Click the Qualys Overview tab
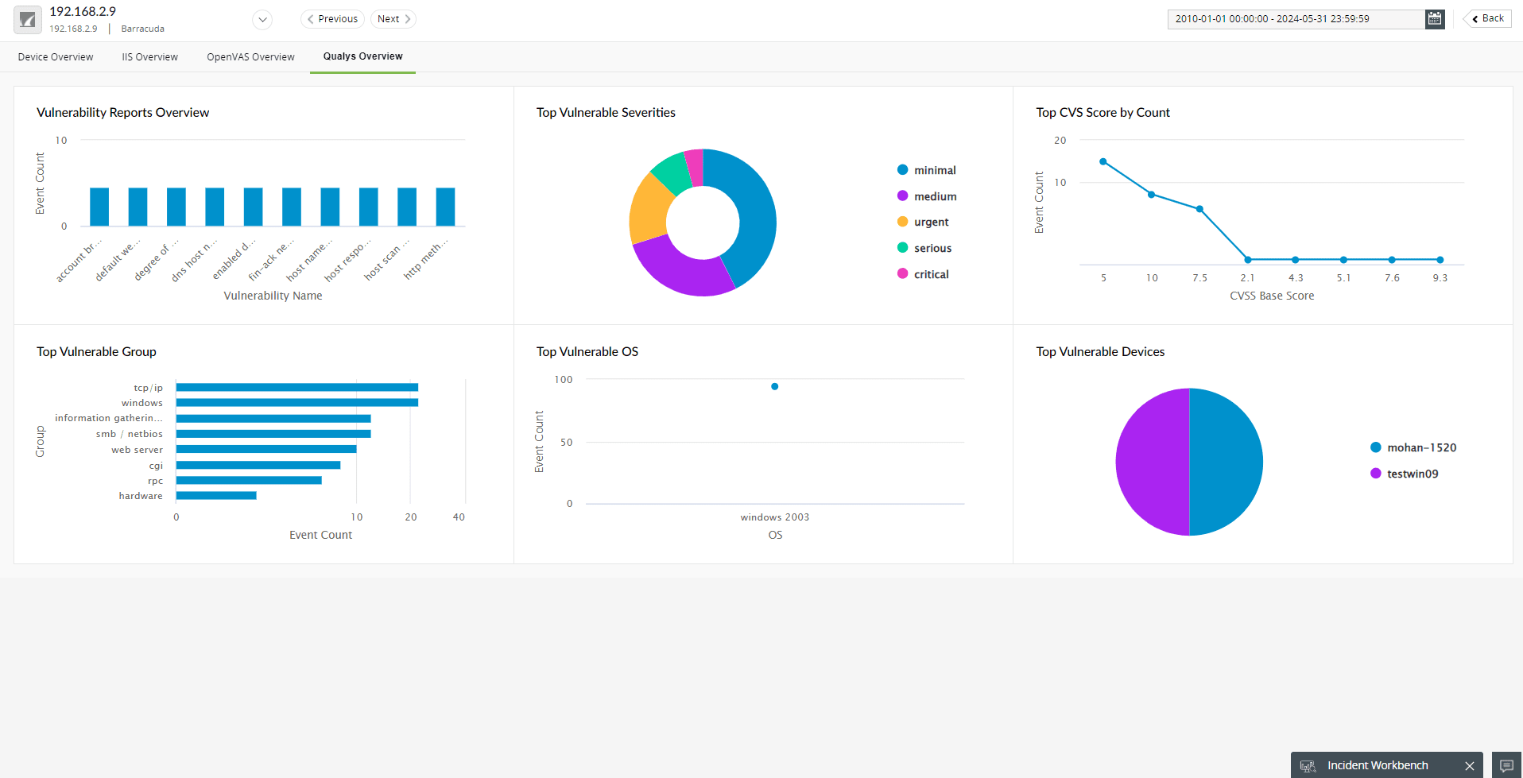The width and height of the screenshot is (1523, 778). (362, 56)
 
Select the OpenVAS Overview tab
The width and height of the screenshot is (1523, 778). (250, 57)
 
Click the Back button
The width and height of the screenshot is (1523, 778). (1487, 18)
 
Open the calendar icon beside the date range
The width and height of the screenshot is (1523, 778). (1435, 19)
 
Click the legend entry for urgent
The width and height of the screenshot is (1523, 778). (931, 223)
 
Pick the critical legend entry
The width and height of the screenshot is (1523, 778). (931, 274)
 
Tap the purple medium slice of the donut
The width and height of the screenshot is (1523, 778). (680, 270)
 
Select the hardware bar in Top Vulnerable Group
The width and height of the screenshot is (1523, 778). (216, 496)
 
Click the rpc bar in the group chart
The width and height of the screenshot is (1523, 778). (249, 481)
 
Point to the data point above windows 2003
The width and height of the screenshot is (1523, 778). (774, 387)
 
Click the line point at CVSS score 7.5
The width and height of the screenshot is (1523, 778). (1199, 209)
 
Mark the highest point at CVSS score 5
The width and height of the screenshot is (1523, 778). (1103, 162)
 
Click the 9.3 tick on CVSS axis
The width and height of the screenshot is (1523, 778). (1440, 278)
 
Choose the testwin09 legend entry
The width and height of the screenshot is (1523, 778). (1412, 474)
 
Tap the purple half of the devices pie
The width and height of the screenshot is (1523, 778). (1153, 462)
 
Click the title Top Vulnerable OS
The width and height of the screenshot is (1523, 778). (587, 352)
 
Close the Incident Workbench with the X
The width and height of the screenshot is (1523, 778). (1469, 766)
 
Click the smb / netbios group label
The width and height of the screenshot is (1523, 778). (129, 434)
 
